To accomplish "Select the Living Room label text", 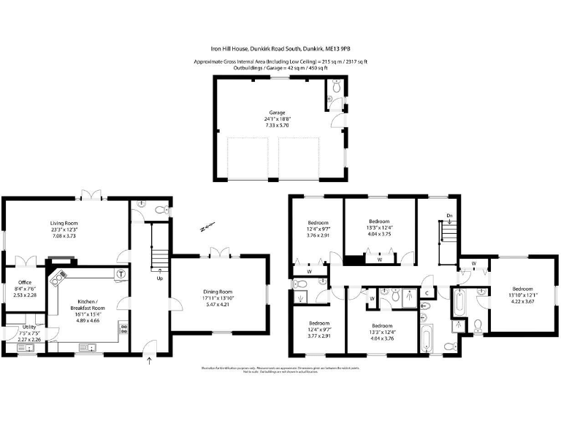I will [64, 224].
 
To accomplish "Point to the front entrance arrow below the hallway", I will [150, 359].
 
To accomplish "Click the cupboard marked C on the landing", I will [427, 294].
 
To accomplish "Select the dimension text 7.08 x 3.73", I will [64, 236].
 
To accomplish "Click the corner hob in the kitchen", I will [58, 278].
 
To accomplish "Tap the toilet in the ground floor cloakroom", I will [161, 210].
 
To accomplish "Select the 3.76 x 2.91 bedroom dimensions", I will [318, 235].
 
